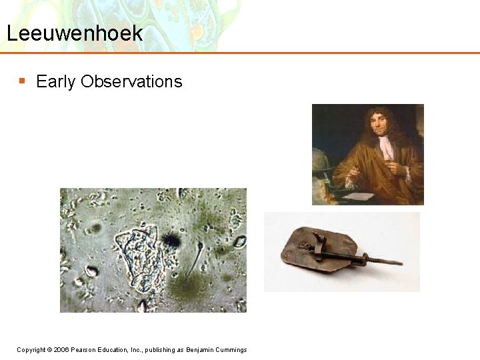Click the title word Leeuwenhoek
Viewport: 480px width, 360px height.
coord(75,33)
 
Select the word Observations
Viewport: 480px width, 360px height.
coord(131,81)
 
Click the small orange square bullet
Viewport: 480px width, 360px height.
coord(22,81)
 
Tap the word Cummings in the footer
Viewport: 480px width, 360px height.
coord(230,350)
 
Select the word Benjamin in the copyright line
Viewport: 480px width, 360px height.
coord(199,350)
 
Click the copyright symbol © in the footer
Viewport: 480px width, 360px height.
coord(49,350)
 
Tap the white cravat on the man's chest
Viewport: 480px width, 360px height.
coord(386,148)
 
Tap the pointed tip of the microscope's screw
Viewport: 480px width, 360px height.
coord(401,263)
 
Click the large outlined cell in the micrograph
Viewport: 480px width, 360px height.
coord(137,257)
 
